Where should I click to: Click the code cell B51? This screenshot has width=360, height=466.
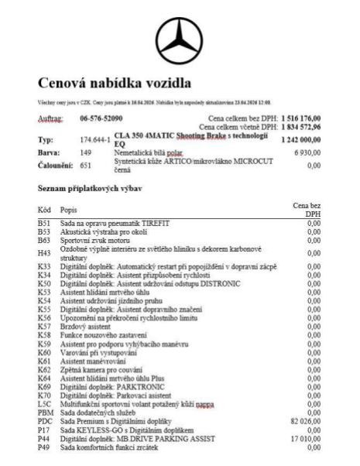pyautogui.click(x=43, y=223)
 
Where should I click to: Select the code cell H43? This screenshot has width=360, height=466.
pyautogui.click(x=43, y=253)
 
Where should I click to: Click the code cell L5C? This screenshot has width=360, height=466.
pyautogui.click(x=44, y=403)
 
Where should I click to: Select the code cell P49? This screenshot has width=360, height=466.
pyautogui.click(x=43, y=447)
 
